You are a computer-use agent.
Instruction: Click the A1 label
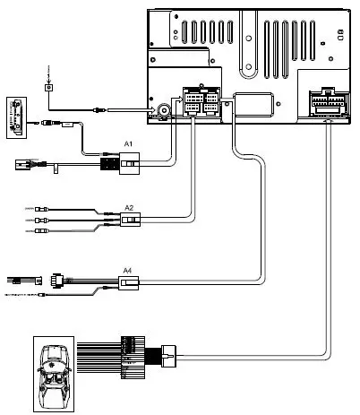point(128,143)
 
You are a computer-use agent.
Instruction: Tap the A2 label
point(128,207)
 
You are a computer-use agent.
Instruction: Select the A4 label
point(128,270)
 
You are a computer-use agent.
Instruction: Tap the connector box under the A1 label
point(131,163)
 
